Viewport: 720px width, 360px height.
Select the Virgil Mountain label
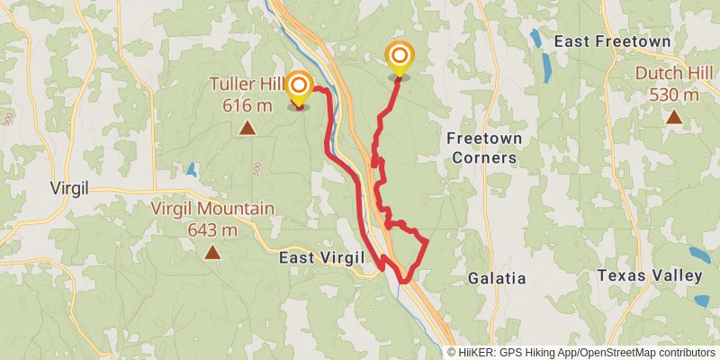[212, 209]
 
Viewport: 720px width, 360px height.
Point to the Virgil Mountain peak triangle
[212, 252]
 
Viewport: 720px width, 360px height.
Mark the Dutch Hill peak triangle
[673, 116]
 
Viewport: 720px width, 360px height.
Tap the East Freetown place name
[612, 41]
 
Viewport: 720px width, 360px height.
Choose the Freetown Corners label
[482, 148]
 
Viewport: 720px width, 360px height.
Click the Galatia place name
[496, 279]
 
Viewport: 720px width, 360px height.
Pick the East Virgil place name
[321, 258]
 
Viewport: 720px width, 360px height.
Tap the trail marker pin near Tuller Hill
[299, 88]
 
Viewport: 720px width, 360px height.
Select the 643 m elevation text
[212, 229]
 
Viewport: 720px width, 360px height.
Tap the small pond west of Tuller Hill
[190, 168]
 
